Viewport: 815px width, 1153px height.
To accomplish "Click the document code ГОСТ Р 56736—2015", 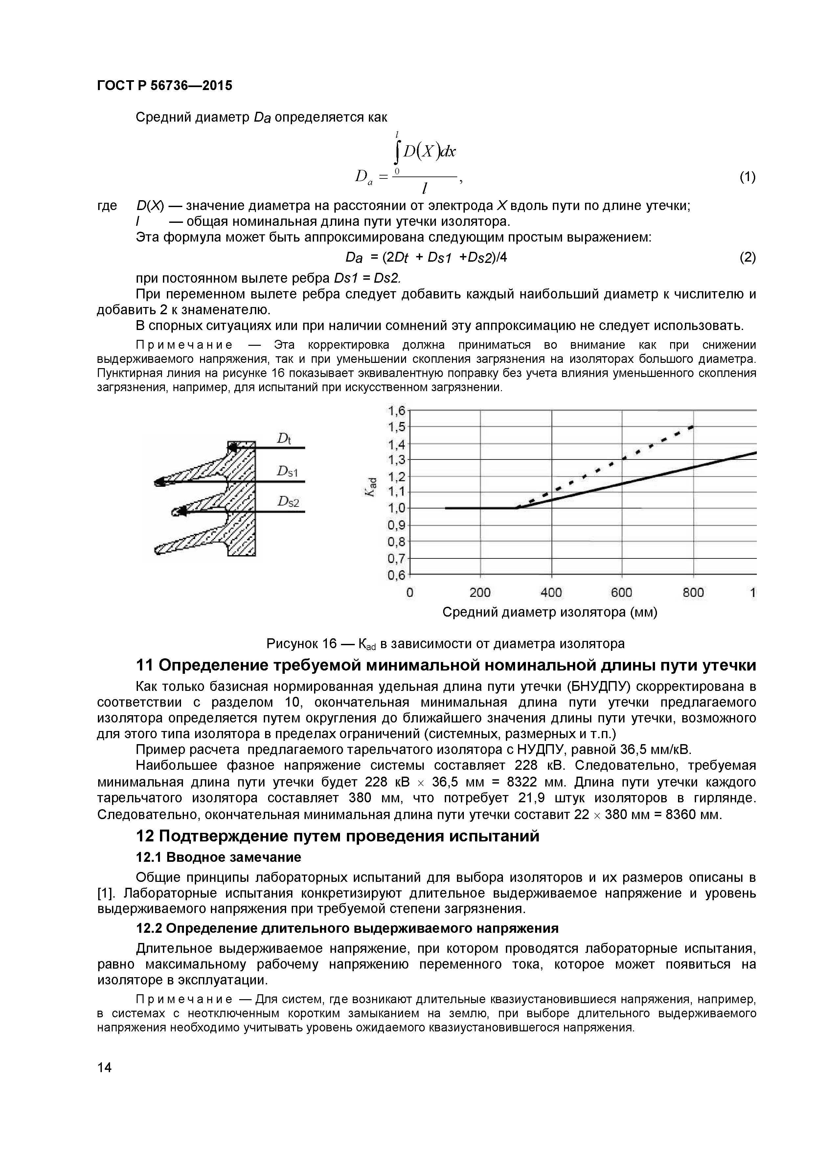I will click(165, 86).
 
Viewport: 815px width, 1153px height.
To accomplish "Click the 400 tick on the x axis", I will click(551, 593).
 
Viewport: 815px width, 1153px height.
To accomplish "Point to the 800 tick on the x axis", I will click(693, 593).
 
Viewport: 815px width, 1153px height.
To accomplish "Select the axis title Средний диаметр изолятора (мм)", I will click(550, 613).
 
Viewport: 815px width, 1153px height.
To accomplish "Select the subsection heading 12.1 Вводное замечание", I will click(219, 857).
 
